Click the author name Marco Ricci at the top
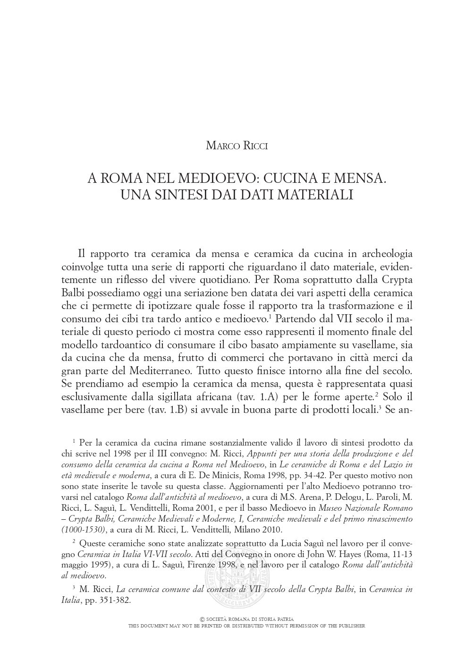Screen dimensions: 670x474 click(x=237, y=145)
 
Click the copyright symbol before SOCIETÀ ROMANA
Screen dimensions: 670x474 click(x=203, y=619)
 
